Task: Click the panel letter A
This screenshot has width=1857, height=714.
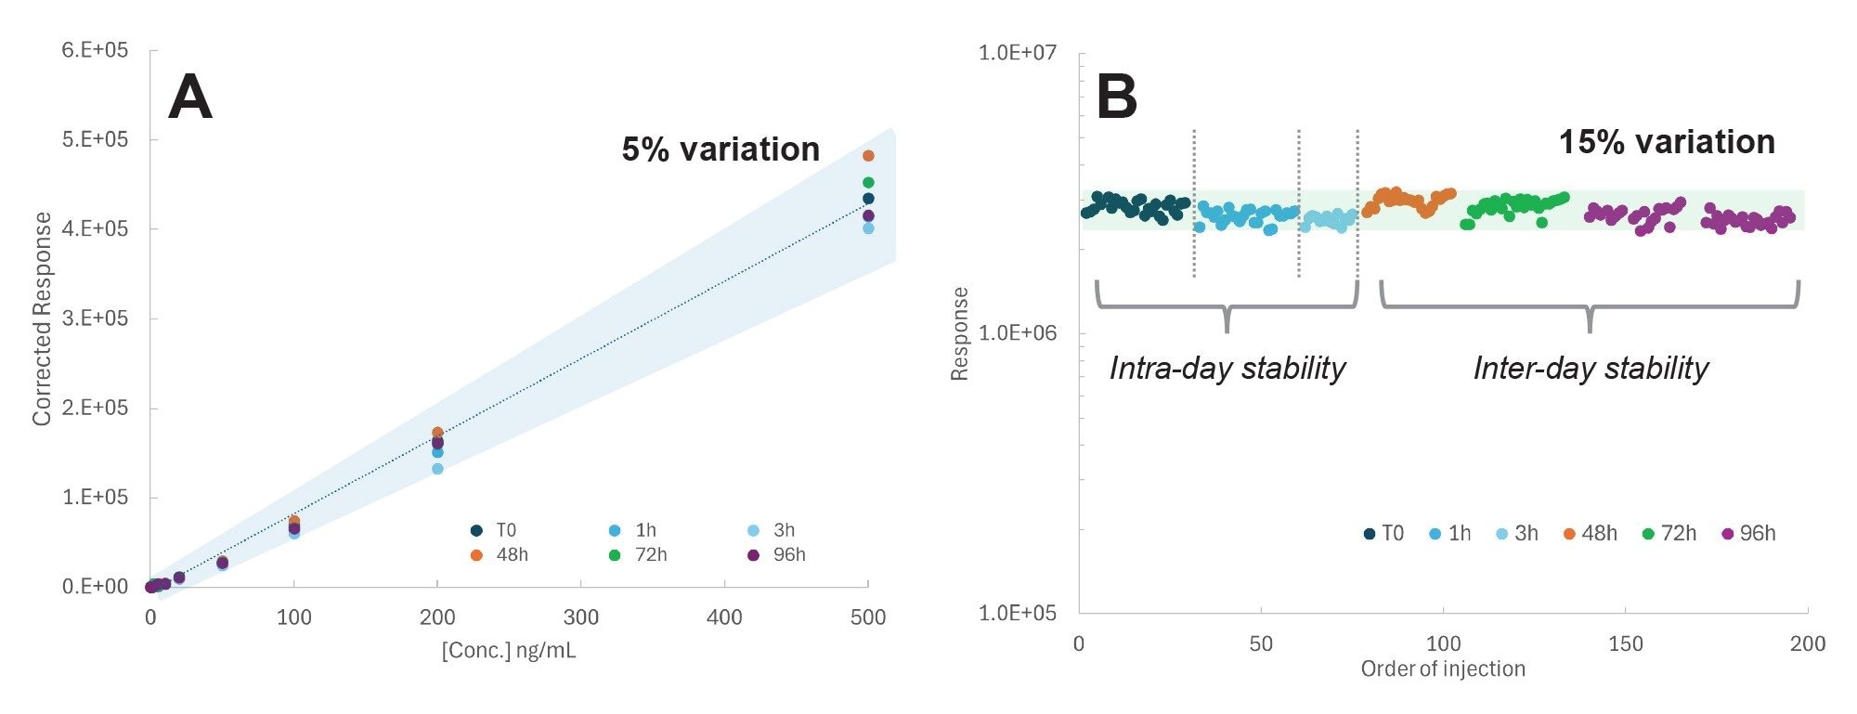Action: pyautogui.click(x=189, y=97)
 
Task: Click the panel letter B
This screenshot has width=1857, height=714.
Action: pyautogui.click(x=1116, y=97)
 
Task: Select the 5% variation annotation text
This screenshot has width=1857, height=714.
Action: pyautogui.click(x=721, y=149)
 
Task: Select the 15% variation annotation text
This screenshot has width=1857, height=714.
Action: pyautogui.click(x=1666, y=142)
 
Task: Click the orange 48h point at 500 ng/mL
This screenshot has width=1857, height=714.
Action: pyautogui.click(x=868, y=156)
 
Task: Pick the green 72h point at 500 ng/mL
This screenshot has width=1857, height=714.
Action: pyautogui.click(x=868, y=183)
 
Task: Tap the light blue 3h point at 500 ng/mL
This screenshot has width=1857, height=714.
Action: pyautogui.click(x=868, y=228)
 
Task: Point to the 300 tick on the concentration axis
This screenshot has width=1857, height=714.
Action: pyautogui.click(x=581, y=617)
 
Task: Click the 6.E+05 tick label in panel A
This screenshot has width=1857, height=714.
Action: pyautogui.click(x=95, y=50)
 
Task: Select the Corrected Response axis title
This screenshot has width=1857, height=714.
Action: pyautogui.click(x=42, y=318)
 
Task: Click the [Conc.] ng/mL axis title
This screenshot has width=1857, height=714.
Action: pyautogui.click(x=509, y=650)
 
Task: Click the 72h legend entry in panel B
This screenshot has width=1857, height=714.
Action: pyautogui.click(x=1669, y=534)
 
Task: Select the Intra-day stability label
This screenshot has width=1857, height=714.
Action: pyautogui.click(x=1227, y=369)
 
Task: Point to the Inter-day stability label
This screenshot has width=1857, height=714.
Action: pyautogui.click(x=1590, y=369)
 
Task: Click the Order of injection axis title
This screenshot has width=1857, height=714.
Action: pyautogui.click(x=1442, y=669)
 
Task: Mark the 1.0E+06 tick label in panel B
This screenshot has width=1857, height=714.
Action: pyautogui.click(x=1018, y=332)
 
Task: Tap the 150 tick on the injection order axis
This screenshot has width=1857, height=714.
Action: pyautogui.click(x=1625, y=643)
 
